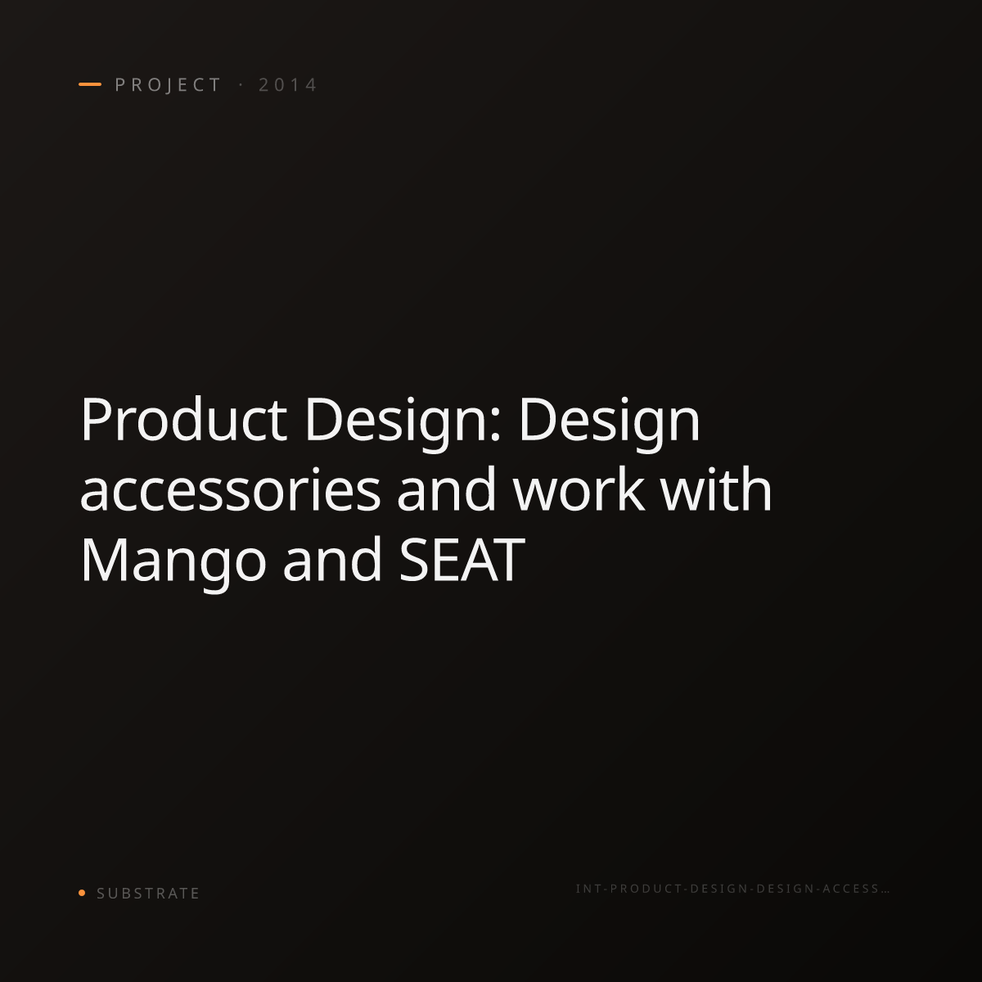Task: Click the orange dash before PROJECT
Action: click(90, 84)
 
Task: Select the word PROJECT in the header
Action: click(168, 85)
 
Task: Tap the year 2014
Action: click(288, 85)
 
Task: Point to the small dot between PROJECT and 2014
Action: click(241, 85)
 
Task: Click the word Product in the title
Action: click(183, 420)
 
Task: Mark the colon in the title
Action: click(495, 427)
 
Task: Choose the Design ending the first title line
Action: click(610, 424)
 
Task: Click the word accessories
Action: click(230, 489)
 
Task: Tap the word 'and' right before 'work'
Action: click(447, 489)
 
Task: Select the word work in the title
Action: click(579, 489)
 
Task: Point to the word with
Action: click(717, 489)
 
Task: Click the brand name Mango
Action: click(173, 564)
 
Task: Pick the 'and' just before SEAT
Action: click(332, 559)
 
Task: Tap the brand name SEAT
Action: click(462, 560)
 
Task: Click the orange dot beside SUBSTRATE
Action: click(82, 892)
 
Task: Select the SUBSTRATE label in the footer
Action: click(148, 894)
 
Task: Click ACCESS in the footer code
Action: click(851, 889)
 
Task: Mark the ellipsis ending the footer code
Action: click(885, 892)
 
